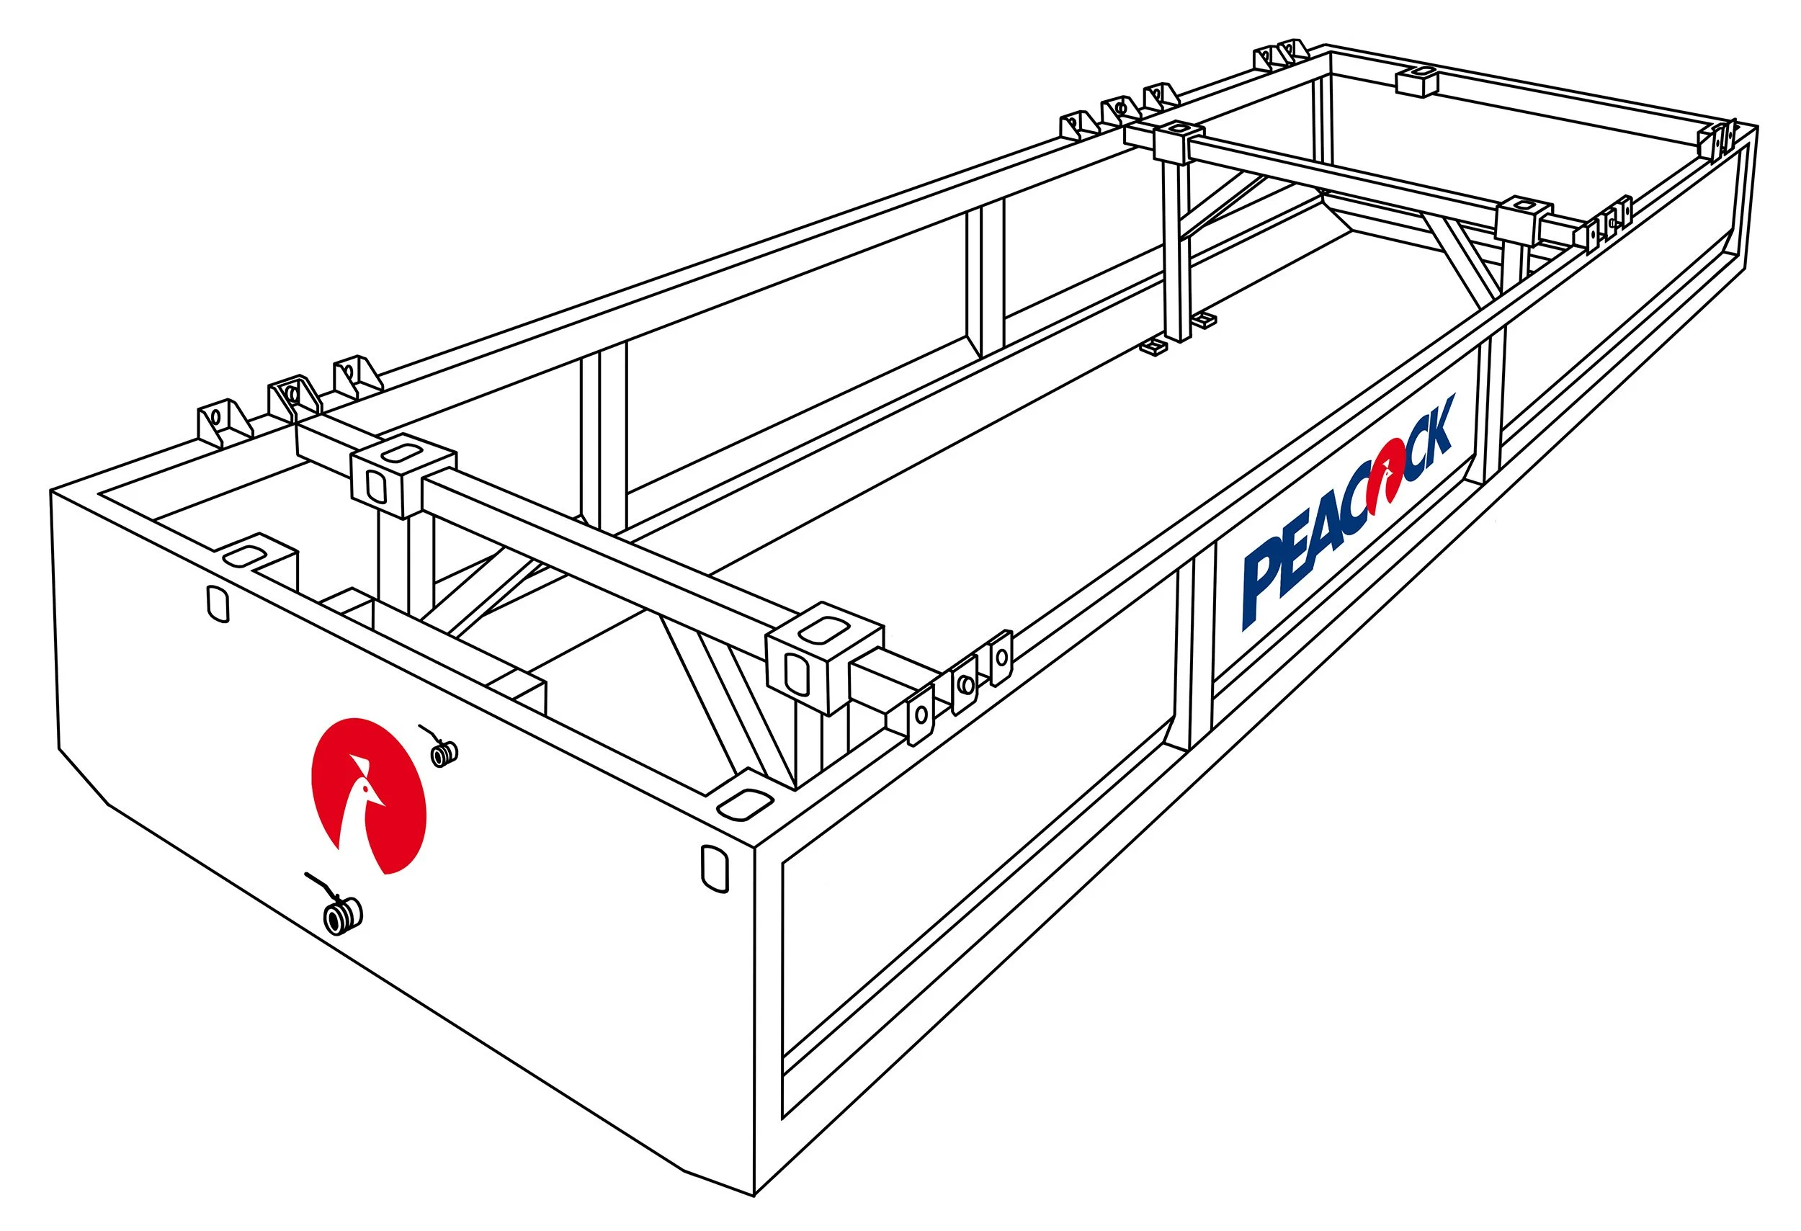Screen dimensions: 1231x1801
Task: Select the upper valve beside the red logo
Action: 444,752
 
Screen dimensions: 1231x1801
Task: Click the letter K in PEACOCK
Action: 1434,430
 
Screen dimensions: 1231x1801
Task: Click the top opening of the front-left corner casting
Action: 245,555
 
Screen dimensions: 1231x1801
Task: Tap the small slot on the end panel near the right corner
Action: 714,869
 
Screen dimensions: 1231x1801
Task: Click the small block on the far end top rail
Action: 1416,81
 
